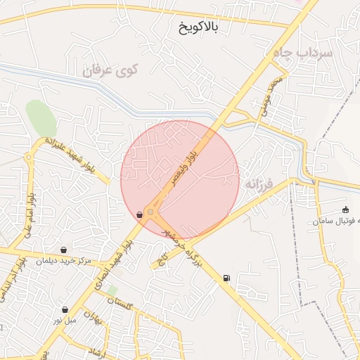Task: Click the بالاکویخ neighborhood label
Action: click(199, 27)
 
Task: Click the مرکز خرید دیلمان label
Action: click(66, 261)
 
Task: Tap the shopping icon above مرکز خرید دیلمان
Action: click(65, 249)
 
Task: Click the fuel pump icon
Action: click(226, 278)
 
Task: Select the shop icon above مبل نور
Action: click(65, 309)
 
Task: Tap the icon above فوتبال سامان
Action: click(345, 210)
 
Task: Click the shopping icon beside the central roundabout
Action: click(140, 214)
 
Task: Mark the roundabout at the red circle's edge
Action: click(150, 212)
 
